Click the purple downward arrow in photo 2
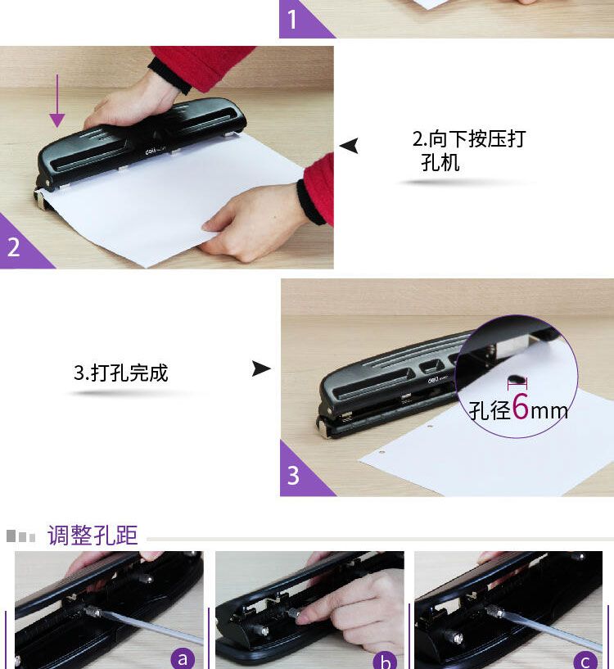pos(56,101)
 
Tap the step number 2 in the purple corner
pos(14,247)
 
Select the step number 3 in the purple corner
pos(293,475)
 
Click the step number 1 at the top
pos(291,20)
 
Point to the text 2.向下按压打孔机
pos(468,151)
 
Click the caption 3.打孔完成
pos(120,373)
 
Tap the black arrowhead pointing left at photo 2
pos(350,146)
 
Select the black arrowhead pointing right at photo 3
pos(261,368)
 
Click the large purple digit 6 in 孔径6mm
pos(520,407)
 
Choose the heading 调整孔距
pos(93,535)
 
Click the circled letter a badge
pos(183,658)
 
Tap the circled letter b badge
pos(385,661)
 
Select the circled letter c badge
pos(586,661)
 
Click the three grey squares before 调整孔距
pos(21,536)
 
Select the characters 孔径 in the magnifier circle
pos(490,410)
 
